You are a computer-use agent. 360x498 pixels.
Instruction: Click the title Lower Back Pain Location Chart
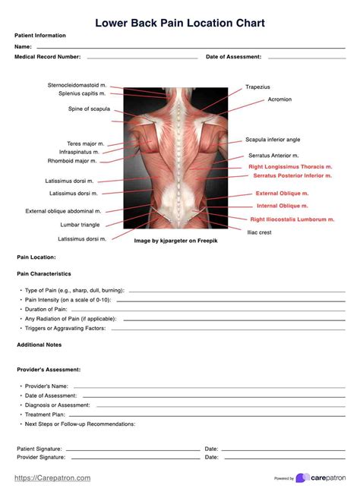180,23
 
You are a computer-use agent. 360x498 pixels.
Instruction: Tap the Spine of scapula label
90,109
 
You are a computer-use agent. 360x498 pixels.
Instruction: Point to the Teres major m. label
86,143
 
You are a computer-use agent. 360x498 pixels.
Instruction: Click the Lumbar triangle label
80,225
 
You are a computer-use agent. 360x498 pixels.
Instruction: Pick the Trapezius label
257,87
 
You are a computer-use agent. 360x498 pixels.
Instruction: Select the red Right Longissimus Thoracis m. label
290,166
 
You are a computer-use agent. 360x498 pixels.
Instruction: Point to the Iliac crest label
259,232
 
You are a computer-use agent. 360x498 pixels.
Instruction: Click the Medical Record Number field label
48,57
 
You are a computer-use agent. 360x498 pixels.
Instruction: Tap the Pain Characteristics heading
44,273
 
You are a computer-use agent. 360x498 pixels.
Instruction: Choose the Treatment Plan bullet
46,414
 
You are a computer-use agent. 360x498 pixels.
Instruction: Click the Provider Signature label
41,458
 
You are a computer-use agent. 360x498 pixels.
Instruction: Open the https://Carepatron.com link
53,478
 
